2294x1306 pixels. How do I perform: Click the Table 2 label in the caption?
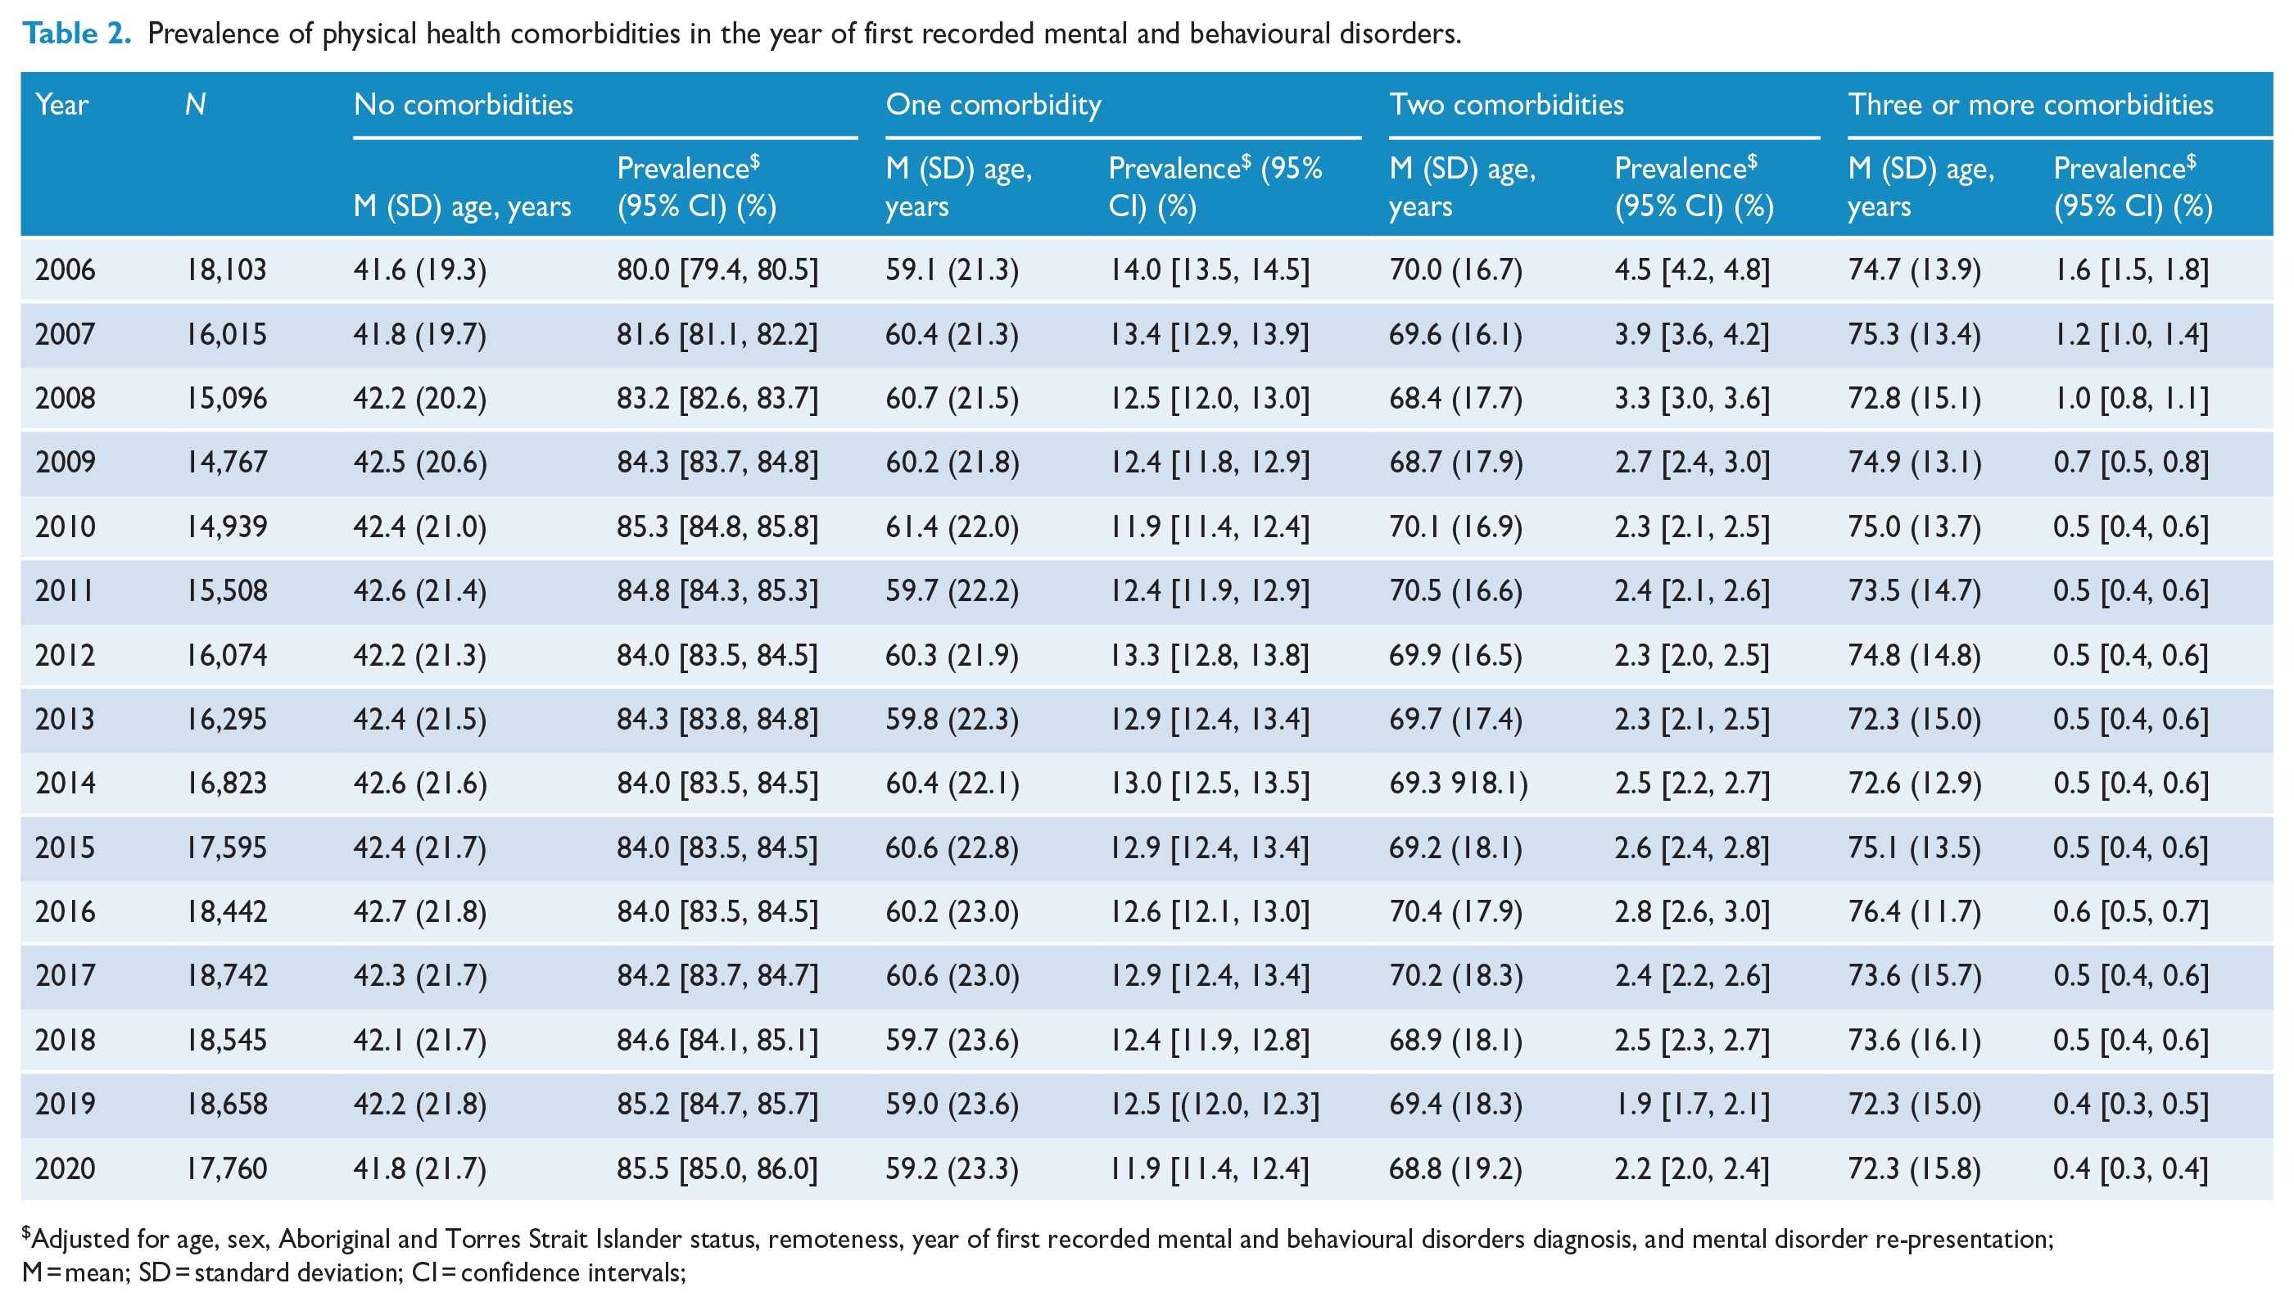[77, 34]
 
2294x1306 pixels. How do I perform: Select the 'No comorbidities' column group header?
[463, 104]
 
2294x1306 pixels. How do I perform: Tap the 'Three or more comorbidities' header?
[2030, 104]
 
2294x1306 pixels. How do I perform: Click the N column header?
[196, 105]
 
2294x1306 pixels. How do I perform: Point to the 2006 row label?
[65, 269]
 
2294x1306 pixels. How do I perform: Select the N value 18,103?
[226, 269]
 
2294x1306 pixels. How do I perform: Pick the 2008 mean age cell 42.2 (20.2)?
[420, 398]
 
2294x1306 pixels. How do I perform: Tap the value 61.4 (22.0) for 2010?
[952, 526]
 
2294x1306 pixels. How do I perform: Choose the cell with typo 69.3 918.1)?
[1459, 783]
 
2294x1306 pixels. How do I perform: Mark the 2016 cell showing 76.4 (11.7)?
[1915, 911]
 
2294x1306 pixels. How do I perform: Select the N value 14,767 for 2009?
[226, 462]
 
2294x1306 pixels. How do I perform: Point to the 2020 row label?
[65, 1168]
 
